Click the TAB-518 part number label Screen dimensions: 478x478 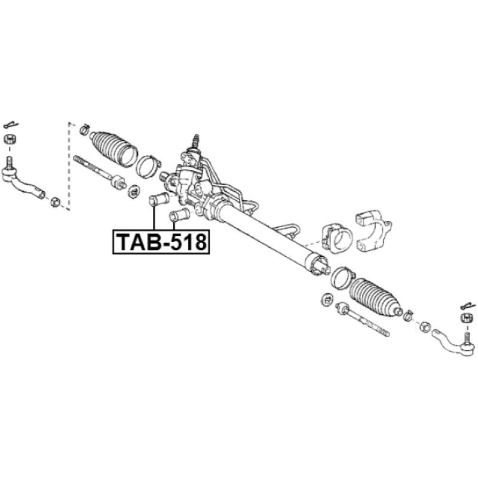pyautogui.click(x=161, y=242)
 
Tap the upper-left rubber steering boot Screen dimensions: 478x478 pyautogui.click(x=114, y=149)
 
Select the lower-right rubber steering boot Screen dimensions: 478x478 pyautogui.click(x=375, y=297)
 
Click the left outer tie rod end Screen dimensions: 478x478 pyautogui.click(x=22, y=180)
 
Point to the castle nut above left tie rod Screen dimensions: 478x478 pyautogui.click(x=10, y=140)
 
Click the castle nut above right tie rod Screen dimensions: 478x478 pyautogui.click(x=467, y=318)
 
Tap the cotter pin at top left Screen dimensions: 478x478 pyautogui.click(x=11, y=125)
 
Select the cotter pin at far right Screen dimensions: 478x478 pyautogui.click(x=468, y=305)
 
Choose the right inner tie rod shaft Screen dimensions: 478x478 pyautogui.click(x=362, y=320)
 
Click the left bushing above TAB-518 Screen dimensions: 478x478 pyautogui.click(x=159, y=199)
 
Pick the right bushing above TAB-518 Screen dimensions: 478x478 pyautogui.click(x=179, y=215)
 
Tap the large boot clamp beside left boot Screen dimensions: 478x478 pyautogui.click(x=148, y=167)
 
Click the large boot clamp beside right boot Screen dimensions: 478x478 pyautogui.click(x=342, y=277)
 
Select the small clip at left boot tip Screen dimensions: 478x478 pyautogui.click(x=84, y=129)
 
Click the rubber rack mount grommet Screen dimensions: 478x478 pyautogui.click(x=337, y=237)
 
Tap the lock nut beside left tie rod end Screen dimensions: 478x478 pyautogui.click(x=55, y=201)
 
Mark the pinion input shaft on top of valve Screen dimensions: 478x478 pyautogui.click(x=196, y=140)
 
